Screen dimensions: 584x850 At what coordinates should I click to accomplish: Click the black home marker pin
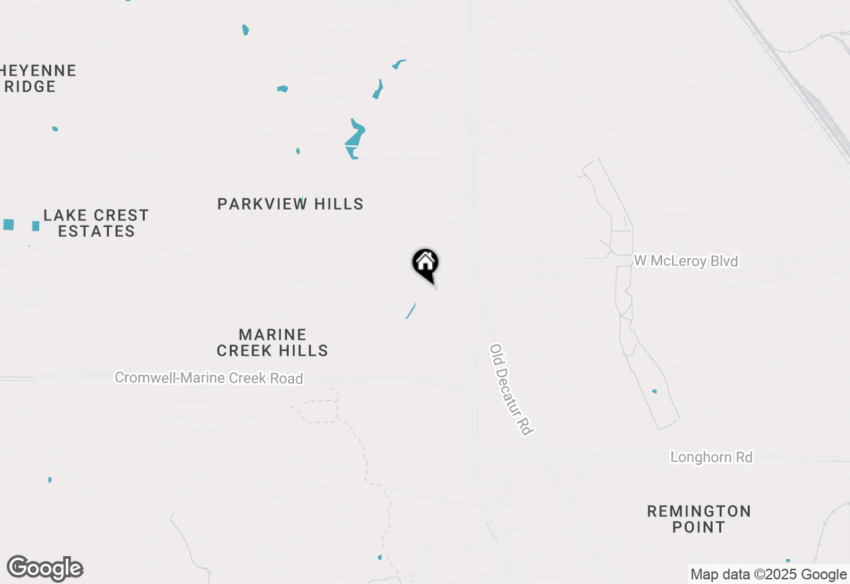(426, 265)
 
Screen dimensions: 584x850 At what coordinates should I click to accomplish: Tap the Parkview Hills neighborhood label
(290, 204)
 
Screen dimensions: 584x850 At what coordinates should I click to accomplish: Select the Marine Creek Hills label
(272, 342)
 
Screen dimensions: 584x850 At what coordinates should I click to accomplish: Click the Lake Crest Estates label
(96, 223)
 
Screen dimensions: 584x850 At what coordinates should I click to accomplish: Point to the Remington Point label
(699, 519)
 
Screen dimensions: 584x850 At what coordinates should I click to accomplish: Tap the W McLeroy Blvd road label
(685, 261)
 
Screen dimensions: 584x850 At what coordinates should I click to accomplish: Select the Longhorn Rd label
(711, 457)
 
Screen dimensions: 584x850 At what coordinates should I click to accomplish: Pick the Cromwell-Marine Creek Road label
(209, 378)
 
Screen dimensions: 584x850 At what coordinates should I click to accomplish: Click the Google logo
(44, 569)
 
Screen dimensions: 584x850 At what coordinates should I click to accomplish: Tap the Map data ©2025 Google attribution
(768, 575)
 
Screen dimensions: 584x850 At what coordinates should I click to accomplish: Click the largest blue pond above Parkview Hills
(355, 138)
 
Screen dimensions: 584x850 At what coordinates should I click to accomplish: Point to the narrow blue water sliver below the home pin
(411, 311)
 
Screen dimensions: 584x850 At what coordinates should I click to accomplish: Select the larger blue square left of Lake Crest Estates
(9, 224)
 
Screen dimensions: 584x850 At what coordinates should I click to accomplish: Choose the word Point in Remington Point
(699, 528)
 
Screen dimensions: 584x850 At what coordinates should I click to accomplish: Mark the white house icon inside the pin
(426, 261)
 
